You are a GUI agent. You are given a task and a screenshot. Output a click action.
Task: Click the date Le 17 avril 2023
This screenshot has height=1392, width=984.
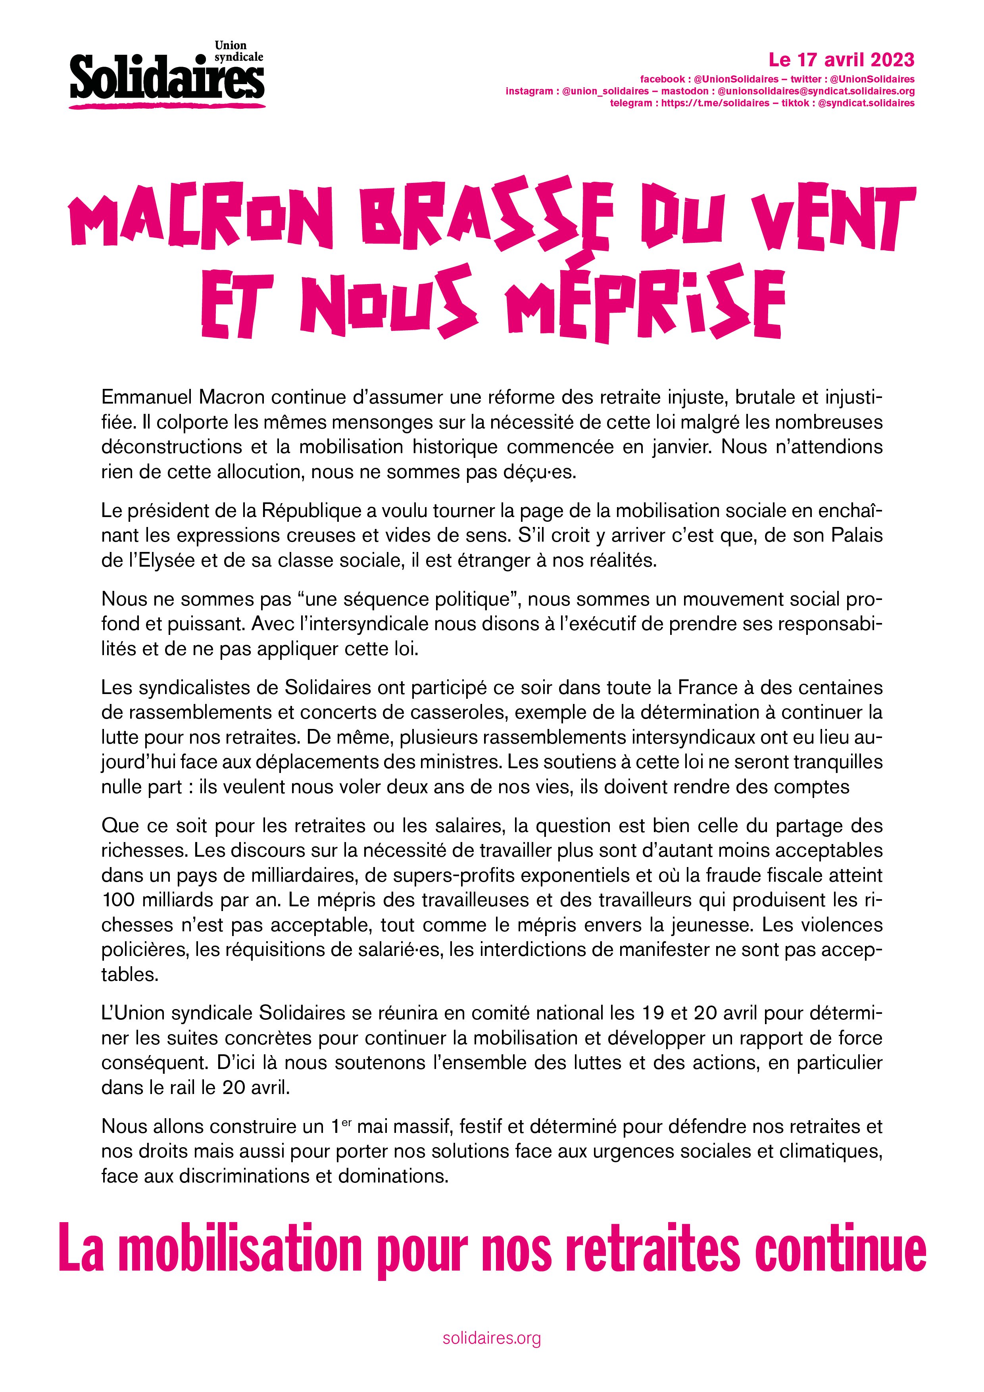(x=841, y=60)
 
